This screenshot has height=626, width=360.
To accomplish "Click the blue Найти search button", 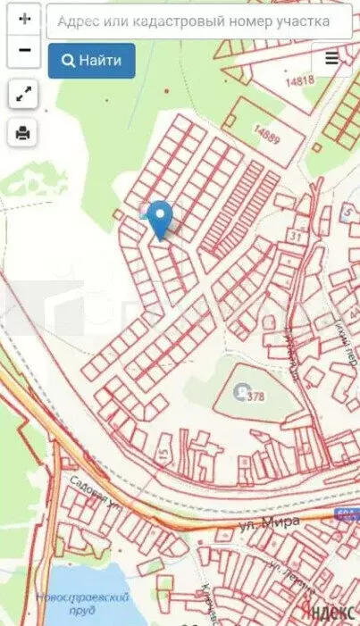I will pos(92,61).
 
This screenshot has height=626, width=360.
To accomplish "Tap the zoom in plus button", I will pos(24,18).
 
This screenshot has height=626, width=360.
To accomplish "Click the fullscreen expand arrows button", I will pos(24,93).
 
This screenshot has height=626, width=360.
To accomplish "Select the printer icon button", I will pos(24,133).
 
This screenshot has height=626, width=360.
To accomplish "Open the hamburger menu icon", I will pos(332,58).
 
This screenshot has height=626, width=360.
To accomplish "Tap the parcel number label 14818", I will pos(300,80).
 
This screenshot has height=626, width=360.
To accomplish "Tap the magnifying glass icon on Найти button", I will pos(68,61).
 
